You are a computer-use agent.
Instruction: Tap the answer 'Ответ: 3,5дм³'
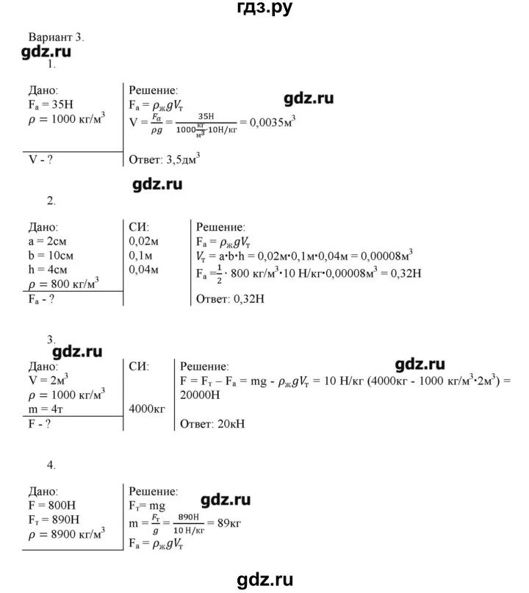click(x=165, y=157)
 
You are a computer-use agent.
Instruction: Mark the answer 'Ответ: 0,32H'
click(x=228, y=298)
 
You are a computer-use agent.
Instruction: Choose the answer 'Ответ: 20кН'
click(x=214, y=424)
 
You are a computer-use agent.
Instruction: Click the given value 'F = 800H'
click(x=49, y=506)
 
